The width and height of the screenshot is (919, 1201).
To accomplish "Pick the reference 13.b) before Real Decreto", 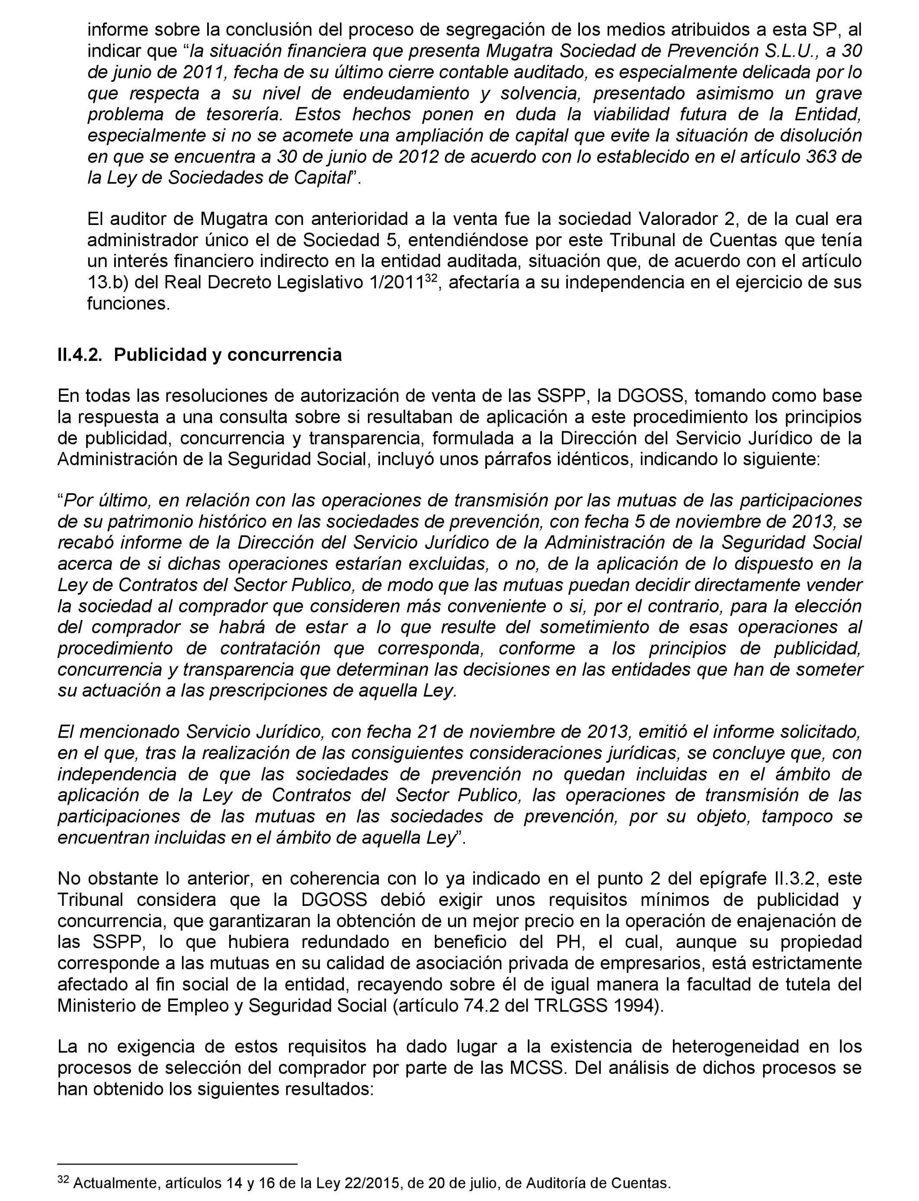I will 107,283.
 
